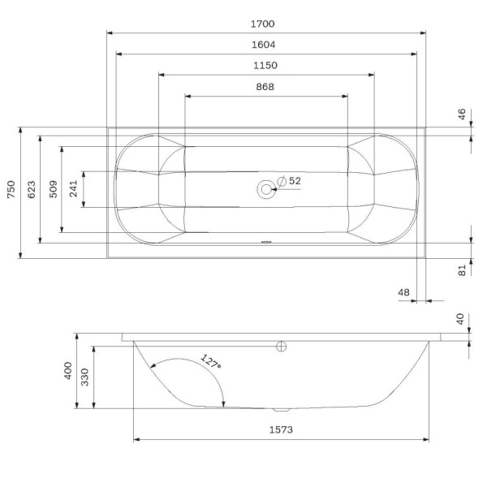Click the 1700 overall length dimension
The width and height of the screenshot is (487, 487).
click(266, 24)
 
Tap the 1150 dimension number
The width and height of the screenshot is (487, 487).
click(266, 66)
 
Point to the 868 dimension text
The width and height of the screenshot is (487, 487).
click(266, 87)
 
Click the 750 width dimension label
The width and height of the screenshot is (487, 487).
click(11, 190)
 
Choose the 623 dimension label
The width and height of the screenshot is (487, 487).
click(32, 190)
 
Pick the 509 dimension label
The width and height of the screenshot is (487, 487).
click(53, 190)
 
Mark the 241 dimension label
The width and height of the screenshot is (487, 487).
click(73, 190)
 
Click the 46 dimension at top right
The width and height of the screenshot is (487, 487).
click(462, 114)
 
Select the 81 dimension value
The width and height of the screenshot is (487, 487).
click(462, 270)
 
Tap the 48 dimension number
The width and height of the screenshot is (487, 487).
click(404, 292)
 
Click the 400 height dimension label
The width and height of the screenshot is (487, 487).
click(68, 373)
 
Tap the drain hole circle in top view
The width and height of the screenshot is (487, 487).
click(265, 190)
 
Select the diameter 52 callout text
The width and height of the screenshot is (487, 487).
click(290, 181)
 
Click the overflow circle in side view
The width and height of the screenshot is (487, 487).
click(282, 347)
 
